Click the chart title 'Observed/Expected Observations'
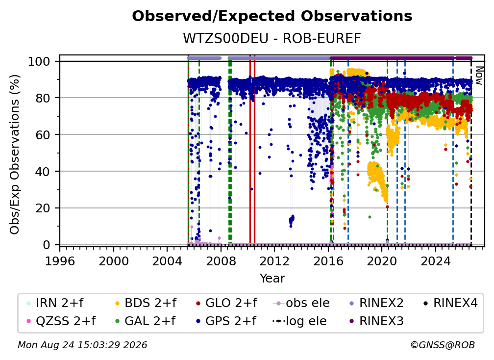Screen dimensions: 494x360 (272, 16)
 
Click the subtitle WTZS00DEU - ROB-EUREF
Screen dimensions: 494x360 (272, 38)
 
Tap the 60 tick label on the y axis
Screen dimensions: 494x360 (43, 134)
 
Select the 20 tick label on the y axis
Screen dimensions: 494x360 (43, 208)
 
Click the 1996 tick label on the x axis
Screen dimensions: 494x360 (60, 261)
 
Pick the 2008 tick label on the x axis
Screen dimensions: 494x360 (221, 261)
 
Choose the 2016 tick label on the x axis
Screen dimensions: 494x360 (328, 261)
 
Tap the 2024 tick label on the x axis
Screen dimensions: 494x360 (436, 261)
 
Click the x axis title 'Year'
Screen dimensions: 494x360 (272, 279)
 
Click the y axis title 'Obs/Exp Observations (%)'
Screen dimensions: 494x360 (15, 154)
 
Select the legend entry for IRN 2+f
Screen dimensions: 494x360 (55, 303)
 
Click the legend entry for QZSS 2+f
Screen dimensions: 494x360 (61, 321)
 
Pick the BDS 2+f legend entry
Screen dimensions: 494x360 (146, 303)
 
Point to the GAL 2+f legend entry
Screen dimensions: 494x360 (145, 321)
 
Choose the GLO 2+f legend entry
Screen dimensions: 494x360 (226, 303)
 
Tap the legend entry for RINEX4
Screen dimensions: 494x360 (450, 303)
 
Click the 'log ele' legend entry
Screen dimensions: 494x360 (299, 321)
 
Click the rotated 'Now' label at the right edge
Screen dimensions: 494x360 (479, 76)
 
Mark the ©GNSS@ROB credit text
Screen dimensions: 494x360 (443, 345)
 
